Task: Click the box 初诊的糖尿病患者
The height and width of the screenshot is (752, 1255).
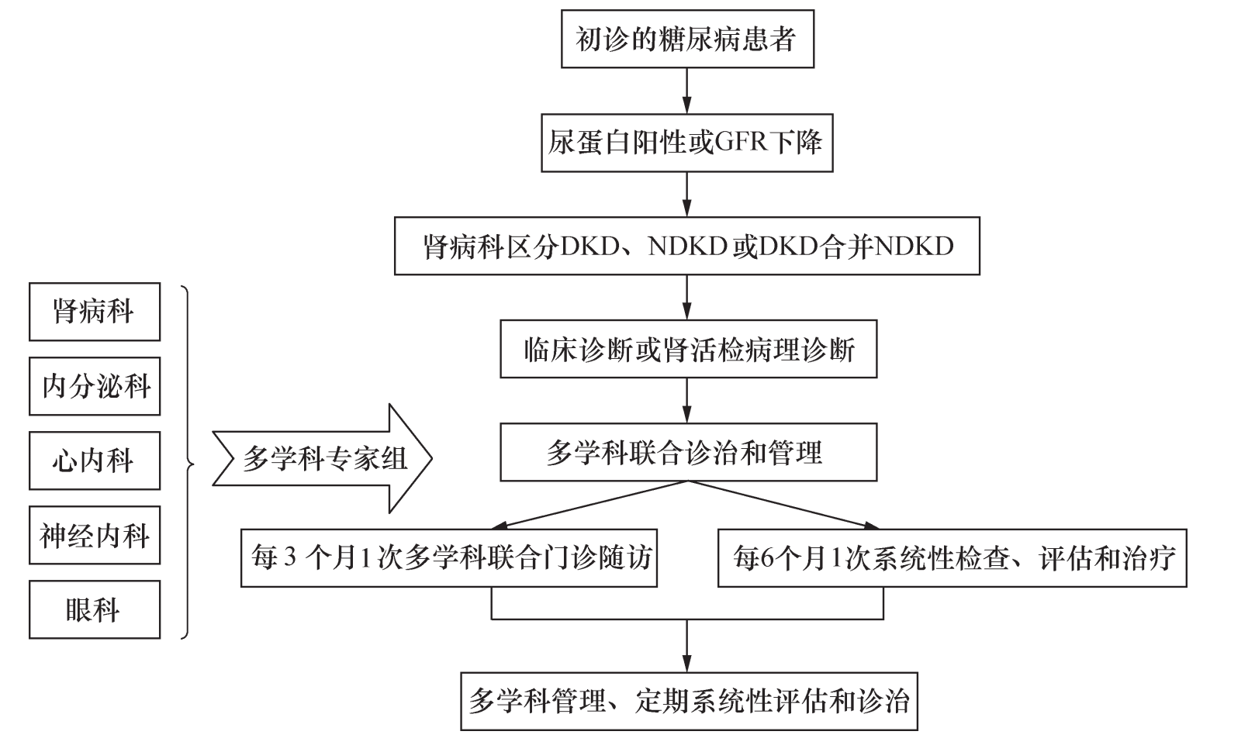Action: point(686,39)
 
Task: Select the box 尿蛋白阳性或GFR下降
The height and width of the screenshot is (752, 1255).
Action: point(686,143)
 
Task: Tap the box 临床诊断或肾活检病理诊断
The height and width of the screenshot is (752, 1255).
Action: point(688,350)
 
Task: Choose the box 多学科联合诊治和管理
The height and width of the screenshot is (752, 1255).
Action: point(688,452)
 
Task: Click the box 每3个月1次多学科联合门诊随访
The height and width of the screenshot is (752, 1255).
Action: point(449,557)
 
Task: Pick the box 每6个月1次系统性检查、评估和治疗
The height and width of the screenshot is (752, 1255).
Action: point(952,557)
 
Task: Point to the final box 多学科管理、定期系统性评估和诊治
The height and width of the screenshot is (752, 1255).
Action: point(689,702)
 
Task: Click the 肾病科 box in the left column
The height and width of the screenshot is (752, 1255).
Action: point(95,312)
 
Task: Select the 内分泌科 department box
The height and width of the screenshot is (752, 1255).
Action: point(95,386)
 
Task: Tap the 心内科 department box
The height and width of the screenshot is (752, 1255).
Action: point(95,461)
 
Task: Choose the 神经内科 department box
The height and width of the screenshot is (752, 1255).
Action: point(95,535)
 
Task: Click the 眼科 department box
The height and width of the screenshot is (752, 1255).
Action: point(95,609)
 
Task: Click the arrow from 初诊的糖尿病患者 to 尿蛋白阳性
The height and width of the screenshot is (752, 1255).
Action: point(686,91)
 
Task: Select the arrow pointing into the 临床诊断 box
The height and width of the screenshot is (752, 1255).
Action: point(686,298)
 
